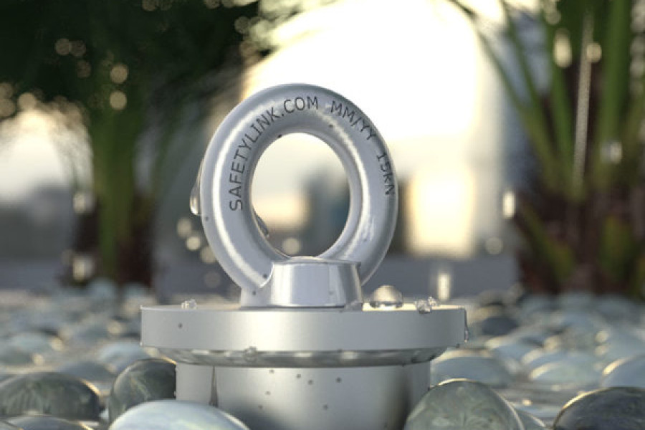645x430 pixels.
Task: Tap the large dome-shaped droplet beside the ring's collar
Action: pyautogui.click(x=385, y=296)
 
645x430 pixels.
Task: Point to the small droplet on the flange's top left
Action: pyautogui.click(x=190, y=305)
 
